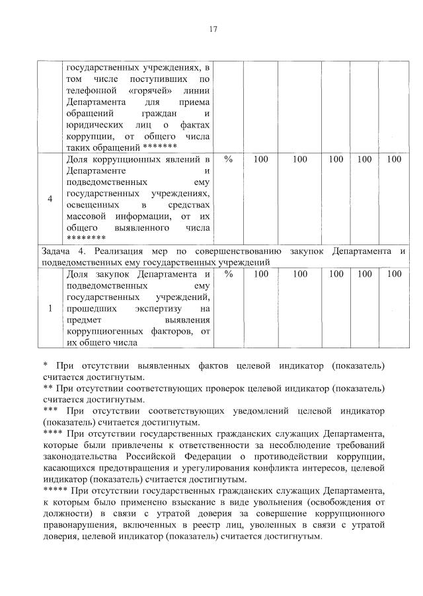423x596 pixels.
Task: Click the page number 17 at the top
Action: [211, 29]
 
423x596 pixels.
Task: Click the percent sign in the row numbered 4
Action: [229, 160]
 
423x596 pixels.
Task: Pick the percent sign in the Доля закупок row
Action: [229, 274]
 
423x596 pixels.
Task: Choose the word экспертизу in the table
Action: [158, 309]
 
